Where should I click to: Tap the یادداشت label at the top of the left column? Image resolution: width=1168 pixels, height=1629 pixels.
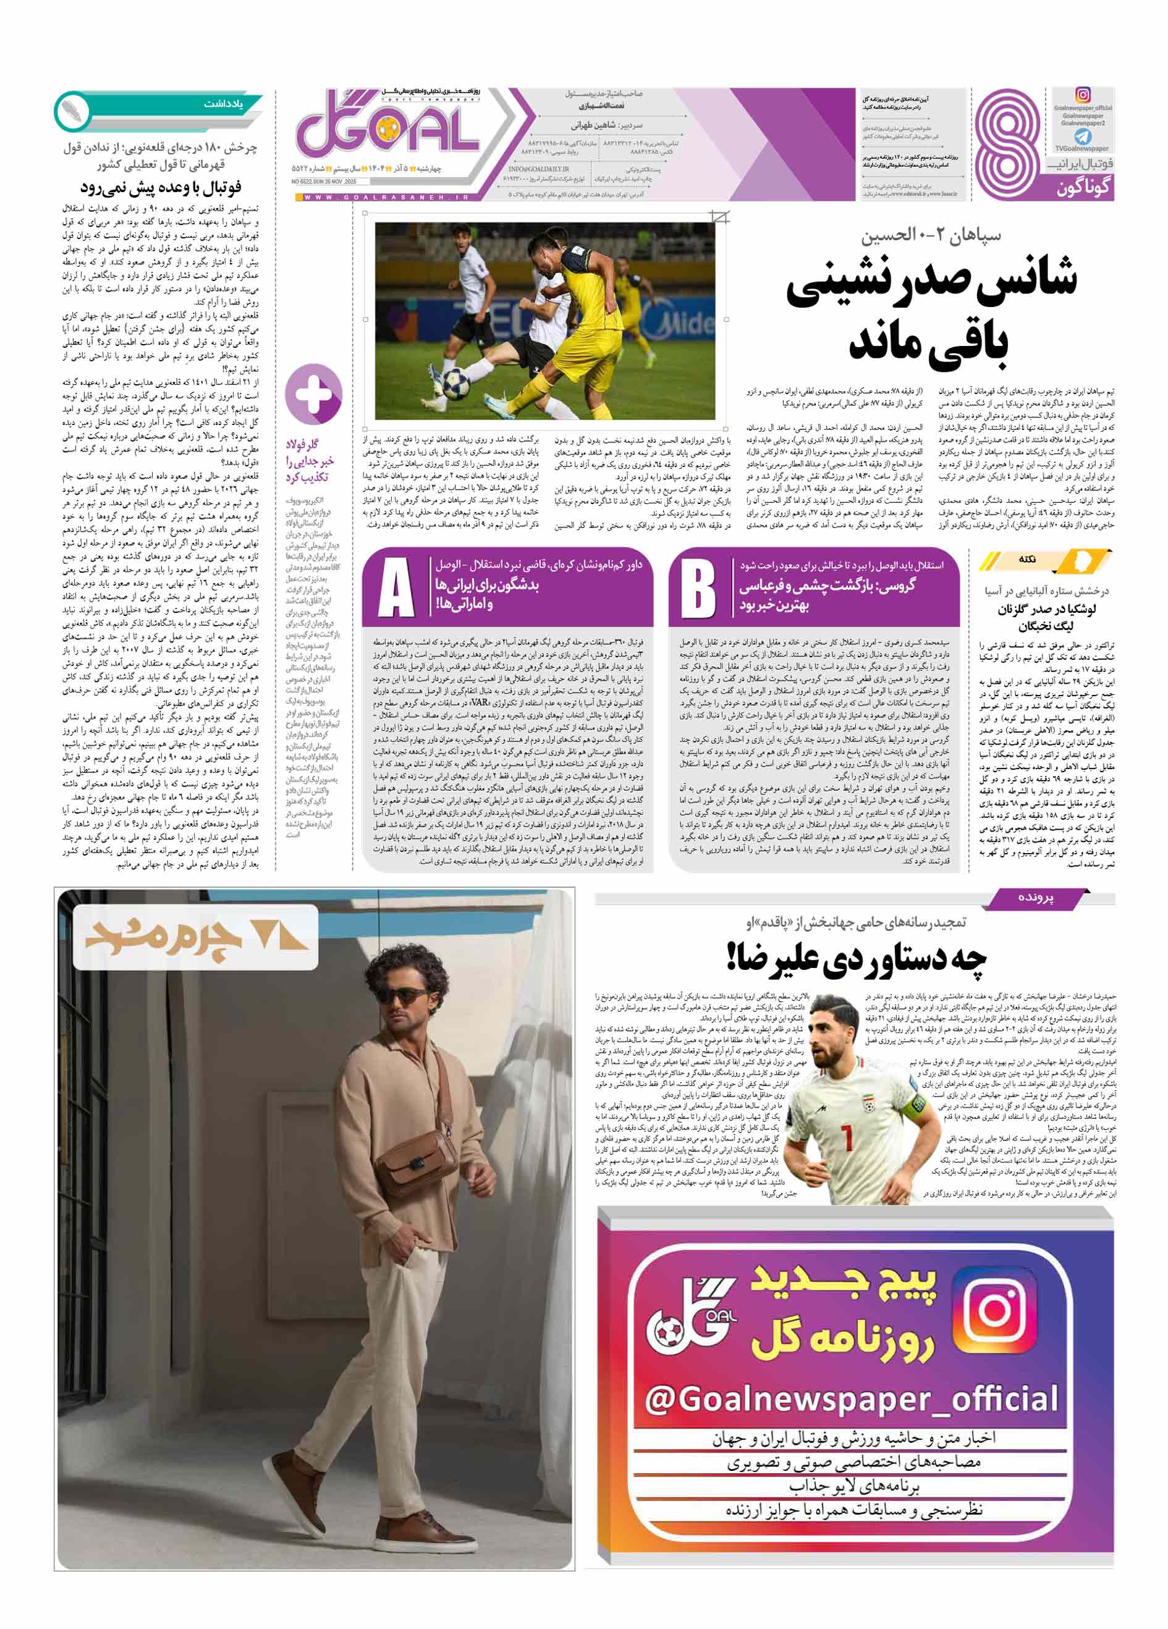tap(222, 104)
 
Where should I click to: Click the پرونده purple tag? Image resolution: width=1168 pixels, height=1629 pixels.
tap(1035, 898)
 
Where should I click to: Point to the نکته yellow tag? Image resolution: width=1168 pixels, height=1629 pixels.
tap(1027, 560)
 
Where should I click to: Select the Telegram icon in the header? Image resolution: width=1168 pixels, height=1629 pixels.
tap(1082, 137)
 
